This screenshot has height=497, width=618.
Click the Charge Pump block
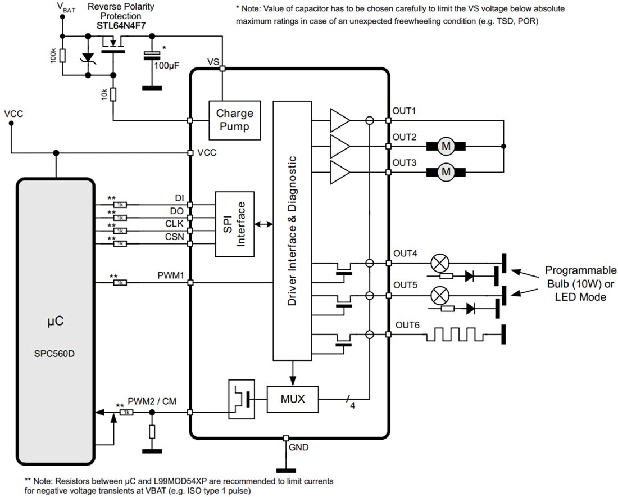point(235,120)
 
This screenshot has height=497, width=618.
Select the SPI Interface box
point(235,224)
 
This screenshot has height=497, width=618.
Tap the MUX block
point(292,399)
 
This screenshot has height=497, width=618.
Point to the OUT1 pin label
point(404,111)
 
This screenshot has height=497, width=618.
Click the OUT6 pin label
point(407,325)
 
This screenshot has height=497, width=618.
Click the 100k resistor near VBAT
point(63,56)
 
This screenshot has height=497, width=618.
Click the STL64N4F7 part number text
point(120,25)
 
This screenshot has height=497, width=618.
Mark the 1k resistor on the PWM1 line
point(120,282)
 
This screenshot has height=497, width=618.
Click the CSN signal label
point(174,237)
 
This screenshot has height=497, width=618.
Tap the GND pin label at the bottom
point(298,448)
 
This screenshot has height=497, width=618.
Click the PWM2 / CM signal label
point(152,401)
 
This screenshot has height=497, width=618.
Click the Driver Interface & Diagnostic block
point(292,231)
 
